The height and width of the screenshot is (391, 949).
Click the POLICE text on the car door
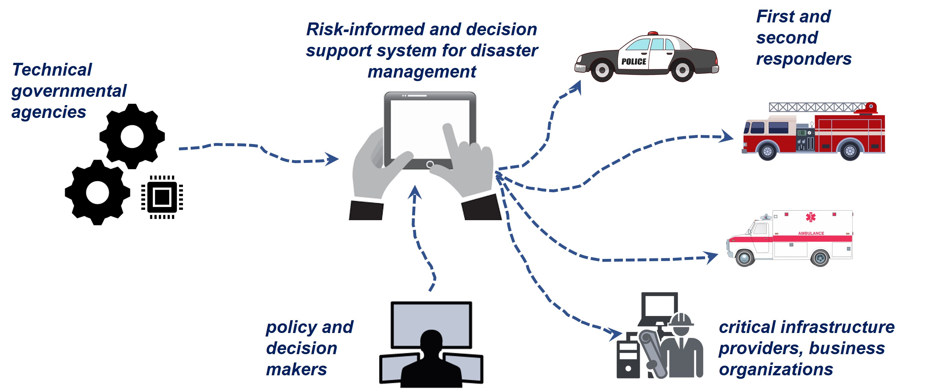click(634, 62)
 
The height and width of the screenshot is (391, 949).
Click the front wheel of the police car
click(602, 70)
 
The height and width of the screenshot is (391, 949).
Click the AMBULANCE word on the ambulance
click(811, 233)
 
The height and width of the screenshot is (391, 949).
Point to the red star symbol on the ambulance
click(811, 217)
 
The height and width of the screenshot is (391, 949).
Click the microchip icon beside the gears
click(162, 197)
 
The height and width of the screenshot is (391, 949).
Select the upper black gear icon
click(132, 136)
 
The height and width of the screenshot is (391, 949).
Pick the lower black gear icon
click(97, 192)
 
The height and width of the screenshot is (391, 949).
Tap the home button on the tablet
click(430, 164)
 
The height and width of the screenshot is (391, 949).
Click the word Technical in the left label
click(52, 70)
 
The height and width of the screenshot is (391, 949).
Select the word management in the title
click(422, 71)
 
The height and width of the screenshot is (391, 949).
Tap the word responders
click(804, 59)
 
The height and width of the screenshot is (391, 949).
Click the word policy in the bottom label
click(291, 327)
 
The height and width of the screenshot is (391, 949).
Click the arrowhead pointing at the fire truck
click(726, 136)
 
